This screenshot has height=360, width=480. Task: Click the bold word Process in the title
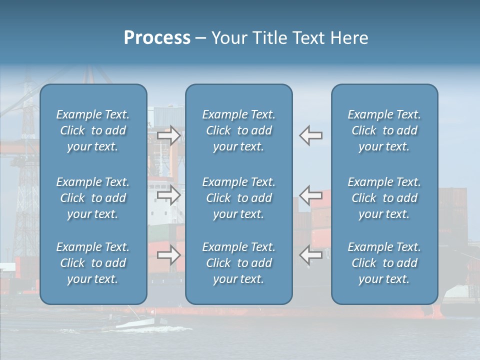[157, 38]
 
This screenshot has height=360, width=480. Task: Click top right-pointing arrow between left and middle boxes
[168, 135]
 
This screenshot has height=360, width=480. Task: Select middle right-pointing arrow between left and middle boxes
[168, 194]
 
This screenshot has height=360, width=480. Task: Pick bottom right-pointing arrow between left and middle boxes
[168, 255]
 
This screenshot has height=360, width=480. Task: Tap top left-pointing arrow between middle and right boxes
[310, 135]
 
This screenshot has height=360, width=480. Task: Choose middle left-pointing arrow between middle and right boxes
[310, 194]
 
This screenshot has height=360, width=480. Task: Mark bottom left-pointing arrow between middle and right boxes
[310, 255]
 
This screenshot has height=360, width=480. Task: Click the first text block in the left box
[93, 130]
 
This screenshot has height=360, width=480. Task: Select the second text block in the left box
[93, 198]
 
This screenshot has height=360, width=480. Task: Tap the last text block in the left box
[93, 263]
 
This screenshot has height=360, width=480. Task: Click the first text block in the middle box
[238, 130]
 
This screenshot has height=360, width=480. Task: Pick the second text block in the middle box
[238, 198]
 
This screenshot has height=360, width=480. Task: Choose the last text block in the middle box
[238, 263]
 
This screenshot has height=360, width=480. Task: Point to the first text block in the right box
[384, 130]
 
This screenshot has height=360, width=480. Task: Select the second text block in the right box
[384, 198]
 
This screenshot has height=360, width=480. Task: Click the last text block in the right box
[384, 263]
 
